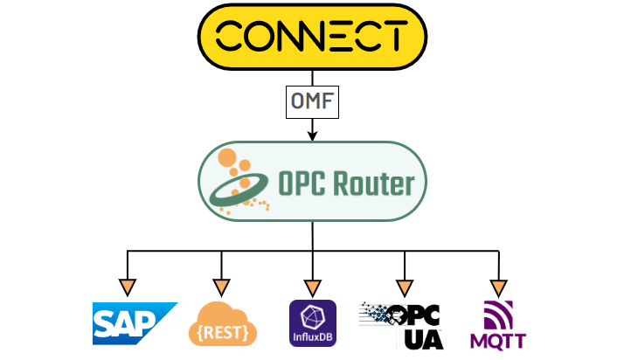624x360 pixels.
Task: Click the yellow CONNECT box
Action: point(312,38)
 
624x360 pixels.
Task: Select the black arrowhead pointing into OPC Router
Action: point(312,135)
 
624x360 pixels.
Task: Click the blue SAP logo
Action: point(135,322)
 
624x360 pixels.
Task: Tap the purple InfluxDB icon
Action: point(312,323)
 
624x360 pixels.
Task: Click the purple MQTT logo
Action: point(496,324)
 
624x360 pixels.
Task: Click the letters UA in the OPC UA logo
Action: point(423,337)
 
